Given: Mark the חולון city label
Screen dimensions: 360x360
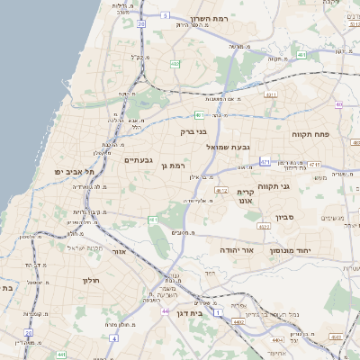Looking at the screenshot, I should [93, 280].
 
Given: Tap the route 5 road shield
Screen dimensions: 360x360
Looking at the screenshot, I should [166, 15].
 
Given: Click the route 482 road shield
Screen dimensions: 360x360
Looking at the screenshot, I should [175, 63].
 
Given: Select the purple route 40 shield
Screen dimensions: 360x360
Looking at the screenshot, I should [338, 105].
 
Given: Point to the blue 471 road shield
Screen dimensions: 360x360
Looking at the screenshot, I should [265, 162].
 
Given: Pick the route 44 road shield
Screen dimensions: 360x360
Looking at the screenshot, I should [166, 311].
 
